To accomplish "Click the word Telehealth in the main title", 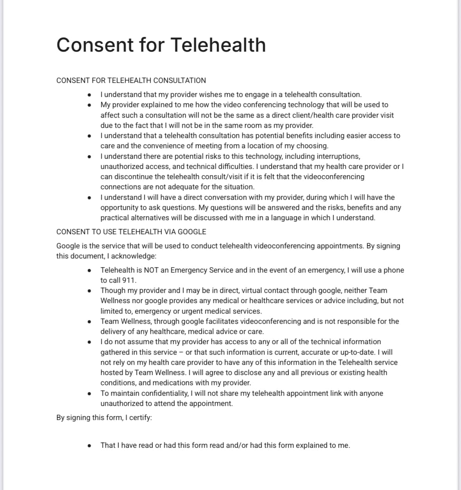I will pos(218,45).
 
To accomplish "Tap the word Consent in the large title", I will pos(95,45).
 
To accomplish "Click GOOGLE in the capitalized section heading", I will pos(192,232).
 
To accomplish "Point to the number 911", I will pos(129,280).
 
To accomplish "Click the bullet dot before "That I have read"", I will pos(90,445).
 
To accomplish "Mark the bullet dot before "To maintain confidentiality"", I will pos(90,393).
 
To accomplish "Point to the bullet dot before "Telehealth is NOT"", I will pos(90,270).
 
